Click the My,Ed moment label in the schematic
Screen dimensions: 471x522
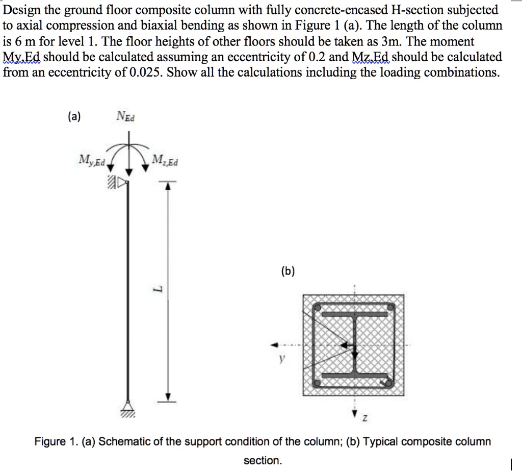click(92, 162)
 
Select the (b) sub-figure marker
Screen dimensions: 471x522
click(286, 271)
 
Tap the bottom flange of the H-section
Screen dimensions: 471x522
click(355, 374)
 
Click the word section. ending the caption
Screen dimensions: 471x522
click(263, 460)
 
